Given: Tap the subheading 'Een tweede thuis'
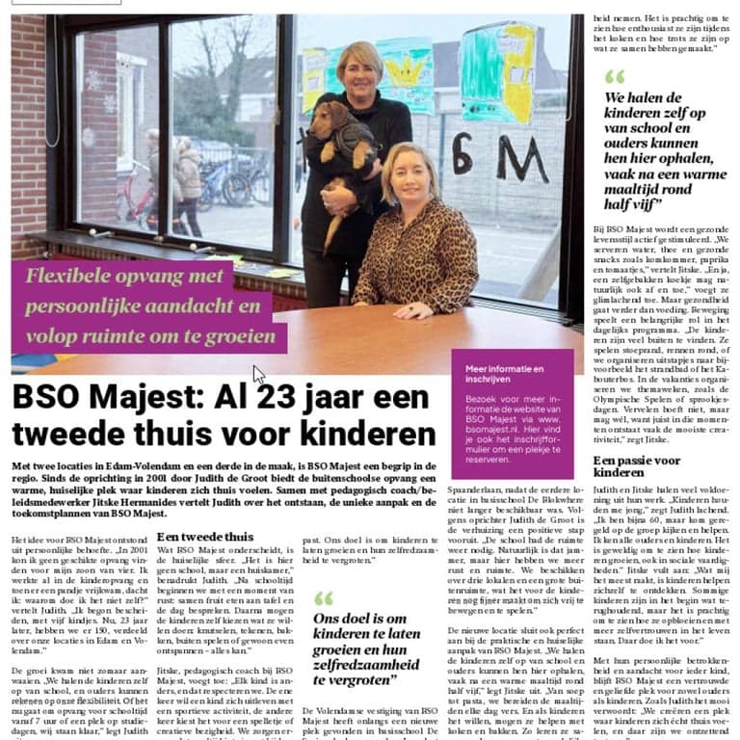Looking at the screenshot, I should point(205,537).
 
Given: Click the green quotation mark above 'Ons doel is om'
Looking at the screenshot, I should point(323,598).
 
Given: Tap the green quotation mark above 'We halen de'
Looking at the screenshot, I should point(614,77).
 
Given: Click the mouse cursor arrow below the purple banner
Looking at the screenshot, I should point(257,374).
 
